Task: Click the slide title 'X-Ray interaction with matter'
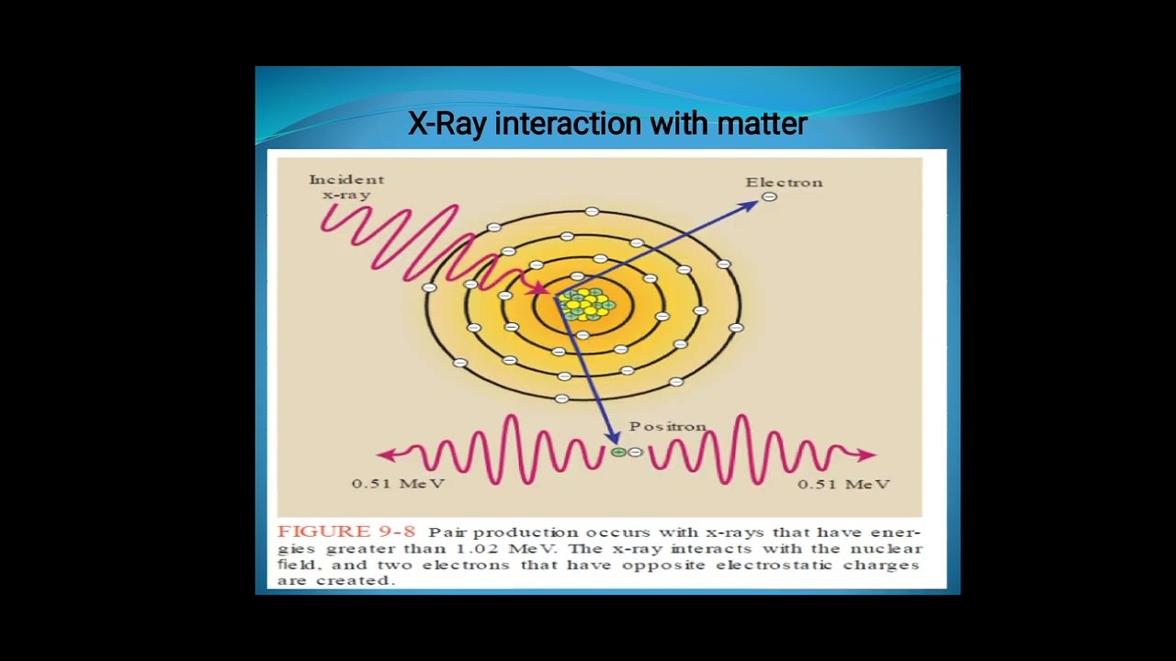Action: tap(607, 123)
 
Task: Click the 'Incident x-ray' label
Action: tap(346, 186)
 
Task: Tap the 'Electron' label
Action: tap(784, 182)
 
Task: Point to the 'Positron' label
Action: tap(667, 426)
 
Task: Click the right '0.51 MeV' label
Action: tap(843, 483)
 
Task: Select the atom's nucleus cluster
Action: tap(586, 304)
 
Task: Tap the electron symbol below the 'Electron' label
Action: tap(770, 196)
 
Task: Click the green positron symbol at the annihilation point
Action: tap(618, 452)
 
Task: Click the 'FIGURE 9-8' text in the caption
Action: tap(346, 532)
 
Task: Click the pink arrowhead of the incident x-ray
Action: tap(543, 289)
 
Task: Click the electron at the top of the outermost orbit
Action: tap(592, 212)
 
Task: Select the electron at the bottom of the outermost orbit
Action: tap(562, 398)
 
